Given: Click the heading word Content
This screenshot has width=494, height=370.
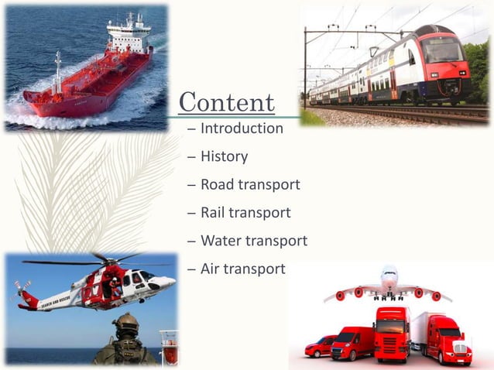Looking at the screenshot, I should [226, 102].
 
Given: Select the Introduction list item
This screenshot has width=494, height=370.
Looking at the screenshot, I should [242, 128].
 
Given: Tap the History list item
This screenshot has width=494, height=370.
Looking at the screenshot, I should [224, 156].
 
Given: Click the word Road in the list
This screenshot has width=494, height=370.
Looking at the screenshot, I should [217, 184].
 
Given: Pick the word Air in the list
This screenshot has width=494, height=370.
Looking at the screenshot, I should [210, 269].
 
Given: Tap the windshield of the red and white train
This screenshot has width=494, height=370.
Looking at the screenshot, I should [441, 50].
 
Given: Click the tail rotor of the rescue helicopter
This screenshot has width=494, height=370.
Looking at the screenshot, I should [21, 288].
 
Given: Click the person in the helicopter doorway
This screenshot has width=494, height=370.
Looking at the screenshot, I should [115, 288].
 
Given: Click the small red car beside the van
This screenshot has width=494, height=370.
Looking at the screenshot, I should [319, 346].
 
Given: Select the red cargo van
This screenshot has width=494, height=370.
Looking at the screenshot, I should [352, 343].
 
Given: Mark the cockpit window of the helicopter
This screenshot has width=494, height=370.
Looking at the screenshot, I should [146, 276].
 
